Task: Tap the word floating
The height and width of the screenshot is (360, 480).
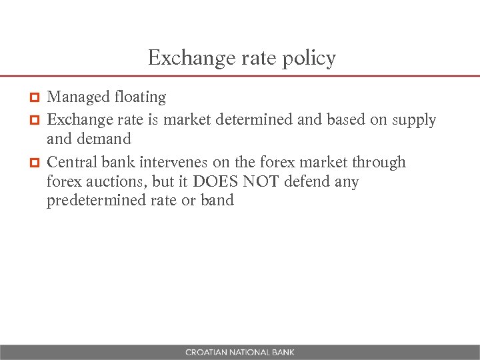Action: [140, 97]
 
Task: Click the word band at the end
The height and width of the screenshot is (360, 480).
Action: [217, 201]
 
